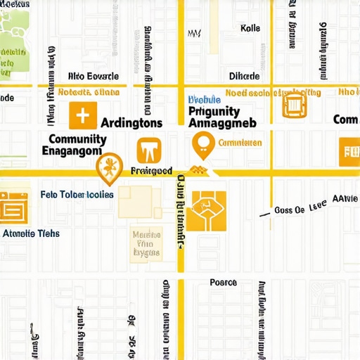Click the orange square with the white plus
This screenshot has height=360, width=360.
coord(82,115)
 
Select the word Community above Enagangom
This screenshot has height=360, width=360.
coord(77,139)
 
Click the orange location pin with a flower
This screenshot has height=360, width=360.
coord(107,167)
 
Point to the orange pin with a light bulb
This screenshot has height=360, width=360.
coord(202,144)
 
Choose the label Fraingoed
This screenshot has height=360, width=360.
coord(152,171)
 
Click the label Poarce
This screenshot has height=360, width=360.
coord(223,283)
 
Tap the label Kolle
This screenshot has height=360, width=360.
coord(250,29)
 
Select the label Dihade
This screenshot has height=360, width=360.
coord(244,77)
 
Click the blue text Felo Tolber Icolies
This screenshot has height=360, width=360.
coord(77,195)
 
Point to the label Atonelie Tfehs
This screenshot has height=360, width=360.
coord(32,233)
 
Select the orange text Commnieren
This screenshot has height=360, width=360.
coord(240,143)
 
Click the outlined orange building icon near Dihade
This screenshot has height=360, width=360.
coord(294,105)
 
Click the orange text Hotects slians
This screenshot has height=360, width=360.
coord(88,92)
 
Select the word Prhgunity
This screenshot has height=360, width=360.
coord(215,111)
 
